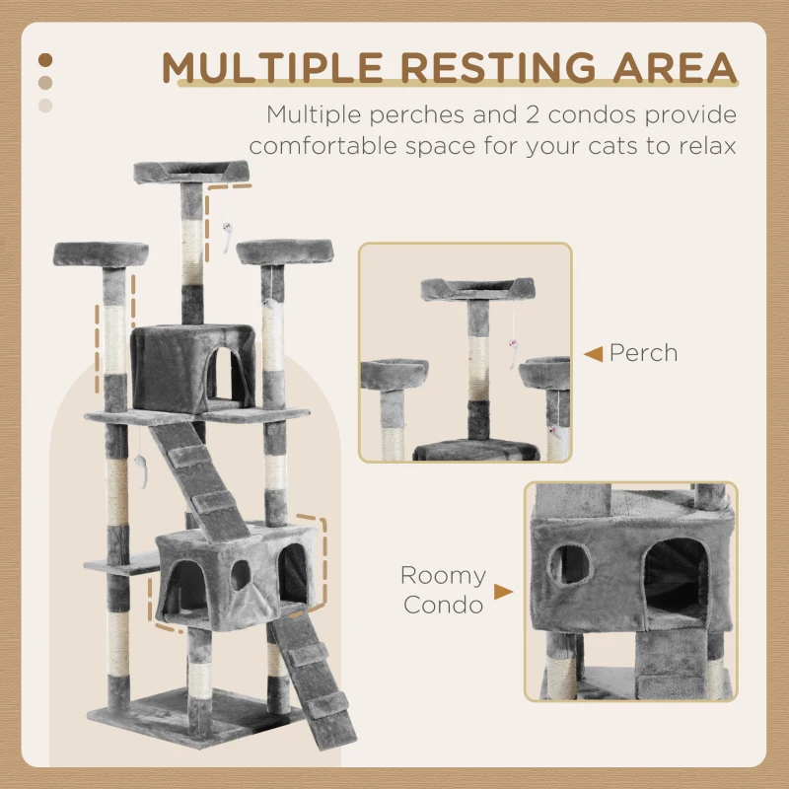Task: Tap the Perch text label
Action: (643, 352)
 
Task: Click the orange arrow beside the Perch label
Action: (593, 353)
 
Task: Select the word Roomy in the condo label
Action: (443, 576)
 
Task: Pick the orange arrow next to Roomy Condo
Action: (503, 592)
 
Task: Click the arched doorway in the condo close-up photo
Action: (675, 581)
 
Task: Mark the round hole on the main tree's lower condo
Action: (240, 576)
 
